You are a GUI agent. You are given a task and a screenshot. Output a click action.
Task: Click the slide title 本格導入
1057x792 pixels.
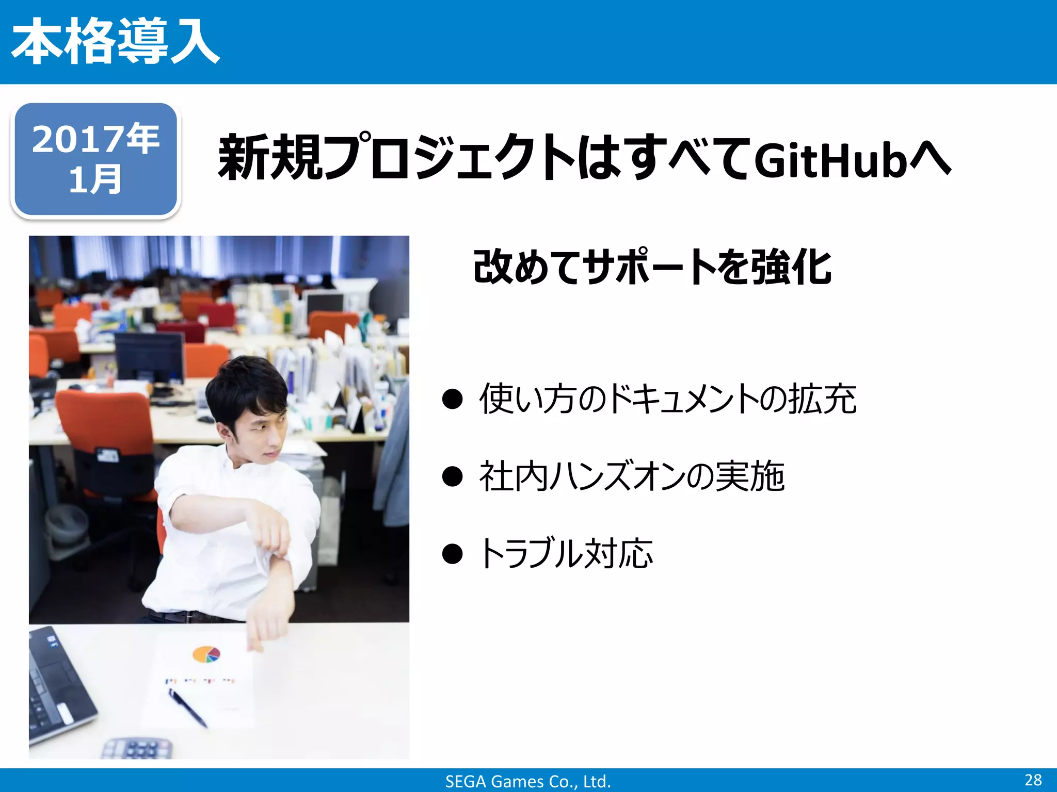point(116,41)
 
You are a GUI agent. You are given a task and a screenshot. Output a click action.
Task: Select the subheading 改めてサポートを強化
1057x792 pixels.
point(652,267)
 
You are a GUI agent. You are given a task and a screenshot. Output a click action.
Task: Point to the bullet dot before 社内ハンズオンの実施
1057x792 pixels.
point(452,476)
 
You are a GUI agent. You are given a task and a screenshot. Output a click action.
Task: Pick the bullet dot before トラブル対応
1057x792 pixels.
point(452,554)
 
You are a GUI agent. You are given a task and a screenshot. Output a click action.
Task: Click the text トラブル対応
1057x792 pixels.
point(566,554)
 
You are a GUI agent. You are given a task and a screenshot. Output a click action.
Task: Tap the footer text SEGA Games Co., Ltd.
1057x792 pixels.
point(528,781)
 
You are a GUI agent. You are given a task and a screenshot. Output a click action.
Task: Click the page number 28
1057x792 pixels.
point(1033,780)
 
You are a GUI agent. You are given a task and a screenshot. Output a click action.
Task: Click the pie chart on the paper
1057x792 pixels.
point(206,654)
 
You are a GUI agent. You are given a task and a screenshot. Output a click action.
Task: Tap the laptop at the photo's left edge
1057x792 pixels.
point(57,686)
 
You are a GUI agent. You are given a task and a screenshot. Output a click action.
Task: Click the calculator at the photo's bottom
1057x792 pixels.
point(137,749)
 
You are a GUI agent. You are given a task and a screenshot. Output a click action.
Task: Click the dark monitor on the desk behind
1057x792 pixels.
point(149,356)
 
